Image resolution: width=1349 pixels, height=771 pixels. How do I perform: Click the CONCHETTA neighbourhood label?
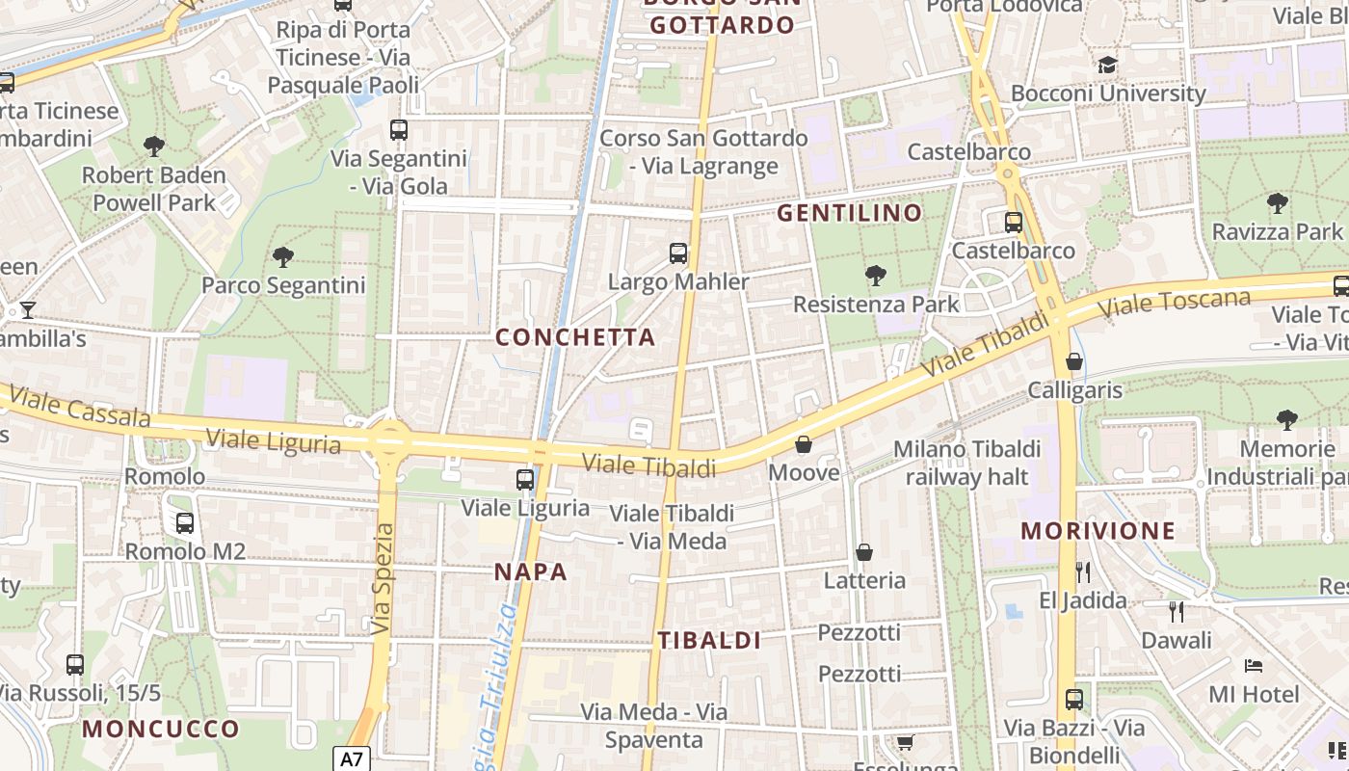tap(575, 337)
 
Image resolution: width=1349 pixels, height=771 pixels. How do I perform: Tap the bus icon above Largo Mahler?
tap(678, 253)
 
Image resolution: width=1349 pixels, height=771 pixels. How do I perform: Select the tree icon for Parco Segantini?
tap(283, 257)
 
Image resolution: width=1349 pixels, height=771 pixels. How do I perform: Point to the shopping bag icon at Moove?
tap(804, 444)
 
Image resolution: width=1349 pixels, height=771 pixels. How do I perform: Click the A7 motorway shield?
tap(352, 758)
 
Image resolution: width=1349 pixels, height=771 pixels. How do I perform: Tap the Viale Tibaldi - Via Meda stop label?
tap(672, 527)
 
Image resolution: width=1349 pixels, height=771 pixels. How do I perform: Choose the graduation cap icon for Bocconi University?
tap(1107, 65)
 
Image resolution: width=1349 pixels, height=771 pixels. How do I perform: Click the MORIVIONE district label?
tap(1098, 530)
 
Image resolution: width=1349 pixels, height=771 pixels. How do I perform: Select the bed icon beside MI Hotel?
tap(1253, 666)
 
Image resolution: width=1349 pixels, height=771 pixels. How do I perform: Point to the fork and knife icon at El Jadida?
tap(1082, 572)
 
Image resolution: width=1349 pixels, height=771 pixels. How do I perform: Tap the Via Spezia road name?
tap(383, 578)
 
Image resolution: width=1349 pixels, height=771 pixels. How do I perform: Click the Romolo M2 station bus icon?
tap(184, 523)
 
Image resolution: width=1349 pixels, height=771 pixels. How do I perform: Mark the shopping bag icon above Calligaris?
tap(1074, 361)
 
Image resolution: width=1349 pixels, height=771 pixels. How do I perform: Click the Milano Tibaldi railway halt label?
tap(966, 463)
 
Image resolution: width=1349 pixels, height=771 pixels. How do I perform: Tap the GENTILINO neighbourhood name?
tap(850, 213)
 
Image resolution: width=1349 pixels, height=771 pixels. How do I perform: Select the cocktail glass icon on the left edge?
tap(28, 310)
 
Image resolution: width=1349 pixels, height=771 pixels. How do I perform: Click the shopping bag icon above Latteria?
tap(864, 552)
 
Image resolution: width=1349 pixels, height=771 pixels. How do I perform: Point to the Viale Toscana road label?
tap(1175, 303)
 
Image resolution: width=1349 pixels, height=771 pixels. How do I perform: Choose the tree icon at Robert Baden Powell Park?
tap(153, 146)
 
